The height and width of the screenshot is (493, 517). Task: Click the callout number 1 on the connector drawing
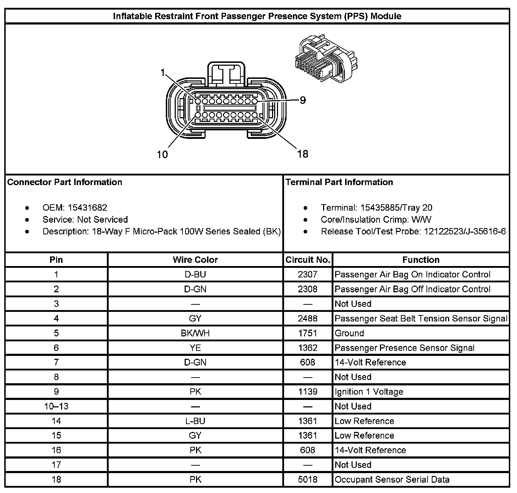coord(163,73)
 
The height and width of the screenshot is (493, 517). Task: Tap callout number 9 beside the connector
coord(303,100)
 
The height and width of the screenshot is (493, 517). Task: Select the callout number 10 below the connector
coord(162,155)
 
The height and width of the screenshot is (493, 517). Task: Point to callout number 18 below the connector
coord(303,154)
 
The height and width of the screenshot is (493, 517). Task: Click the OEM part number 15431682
coord(87,208)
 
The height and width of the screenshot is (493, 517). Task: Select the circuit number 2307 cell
coord(308,275)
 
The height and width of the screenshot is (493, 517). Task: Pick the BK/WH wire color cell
coord(195,333)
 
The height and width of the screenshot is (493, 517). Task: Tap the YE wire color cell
coord(195,348)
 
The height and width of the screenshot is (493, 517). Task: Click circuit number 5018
coord(308,480)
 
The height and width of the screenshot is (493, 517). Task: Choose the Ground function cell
coord(349,333)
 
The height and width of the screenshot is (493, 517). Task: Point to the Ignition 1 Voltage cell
coord(369,392)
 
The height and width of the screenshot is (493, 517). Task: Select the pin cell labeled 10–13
coord(56,406)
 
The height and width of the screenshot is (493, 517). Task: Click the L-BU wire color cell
coord(195,421)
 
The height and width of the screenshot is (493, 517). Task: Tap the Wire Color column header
coord(195,260)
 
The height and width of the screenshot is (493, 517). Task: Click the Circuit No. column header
coord(308,260)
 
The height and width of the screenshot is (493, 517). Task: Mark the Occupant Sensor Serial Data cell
coord(392,480)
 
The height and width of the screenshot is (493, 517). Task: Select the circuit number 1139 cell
coord(308,392)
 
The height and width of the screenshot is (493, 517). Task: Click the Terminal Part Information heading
coord(339,182)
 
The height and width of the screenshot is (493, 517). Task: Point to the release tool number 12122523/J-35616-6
coord(464,232)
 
